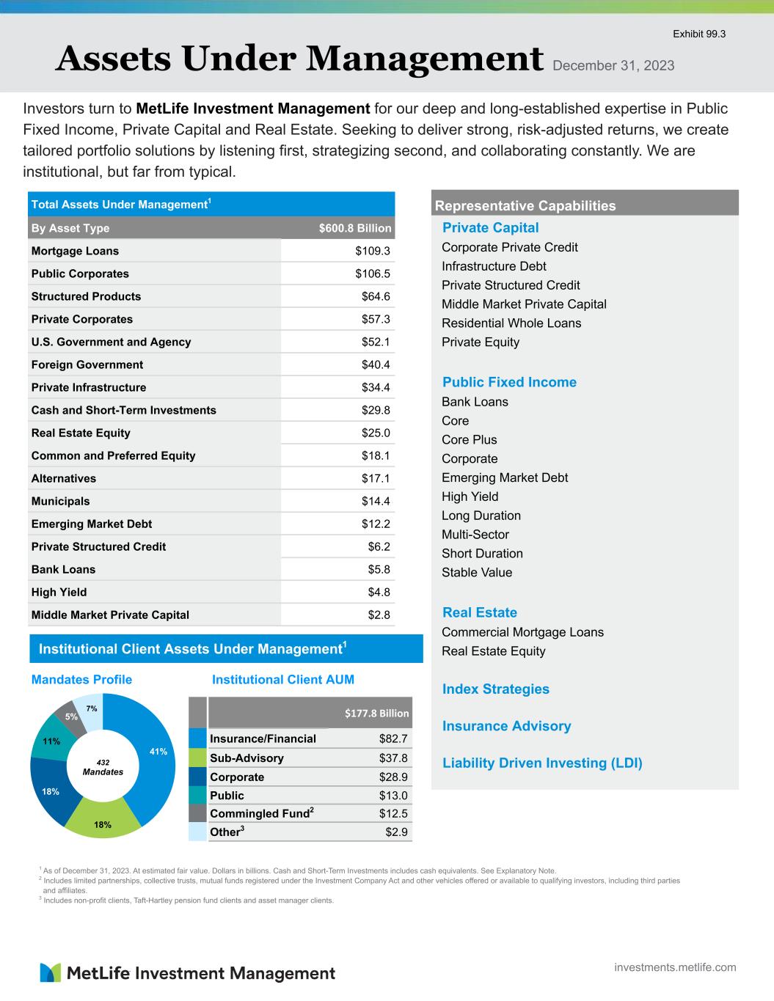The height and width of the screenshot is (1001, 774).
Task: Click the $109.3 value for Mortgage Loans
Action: click(373, 251)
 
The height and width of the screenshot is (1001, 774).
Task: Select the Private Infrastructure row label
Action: click(89, 387)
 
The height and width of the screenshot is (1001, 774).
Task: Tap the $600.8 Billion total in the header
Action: click(355, 228)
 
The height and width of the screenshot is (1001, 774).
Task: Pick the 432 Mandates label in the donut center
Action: click(103, 766)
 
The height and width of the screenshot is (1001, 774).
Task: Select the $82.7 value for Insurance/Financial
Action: click(393, 738)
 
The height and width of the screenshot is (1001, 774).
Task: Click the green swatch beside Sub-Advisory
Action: click(197, 758)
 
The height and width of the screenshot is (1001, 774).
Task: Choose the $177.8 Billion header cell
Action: click(377, 713)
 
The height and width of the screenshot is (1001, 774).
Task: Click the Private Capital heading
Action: click(490, 228)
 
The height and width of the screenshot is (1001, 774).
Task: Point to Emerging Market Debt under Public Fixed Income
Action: click(505, 477)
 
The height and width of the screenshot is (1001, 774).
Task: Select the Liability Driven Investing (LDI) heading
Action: click(542, 763)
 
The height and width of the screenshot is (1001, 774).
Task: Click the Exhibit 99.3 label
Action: click(699, 34)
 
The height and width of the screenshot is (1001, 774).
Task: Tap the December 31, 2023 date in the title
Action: click(613, 66)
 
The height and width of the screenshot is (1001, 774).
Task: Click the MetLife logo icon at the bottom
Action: click(51, 972)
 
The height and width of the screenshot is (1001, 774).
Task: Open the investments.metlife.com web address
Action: click(675, 967)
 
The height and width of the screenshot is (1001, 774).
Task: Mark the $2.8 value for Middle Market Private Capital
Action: click(379, 615)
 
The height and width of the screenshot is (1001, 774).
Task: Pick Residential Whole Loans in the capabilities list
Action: click(511, 323)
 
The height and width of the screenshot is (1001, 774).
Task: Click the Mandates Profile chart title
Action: click(81, 680)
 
